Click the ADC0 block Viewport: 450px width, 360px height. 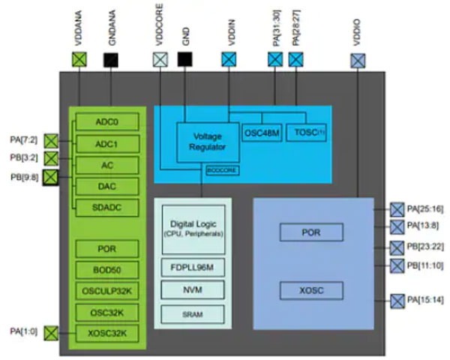coord(107,121)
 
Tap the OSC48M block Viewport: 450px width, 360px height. coord(262,133)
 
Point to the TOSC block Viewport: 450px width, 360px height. coord(306,133)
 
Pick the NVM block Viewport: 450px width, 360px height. coord(192,289)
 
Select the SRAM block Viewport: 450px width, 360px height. coord(192,314)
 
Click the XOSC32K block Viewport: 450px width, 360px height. coord(107,333)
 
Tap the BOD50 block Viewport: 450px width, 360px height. coord(107,270)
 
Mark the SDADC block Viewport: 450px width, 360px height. coord(107,207)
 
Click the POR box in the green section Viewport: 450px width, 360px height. coord(107,249)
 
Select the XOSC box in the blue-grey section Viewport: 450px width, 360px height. coord(310,289)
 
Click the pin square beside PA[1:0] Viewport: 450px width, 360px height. coord(51,333)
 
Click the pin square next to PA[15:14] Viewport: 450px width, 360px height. coord(397,301)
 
